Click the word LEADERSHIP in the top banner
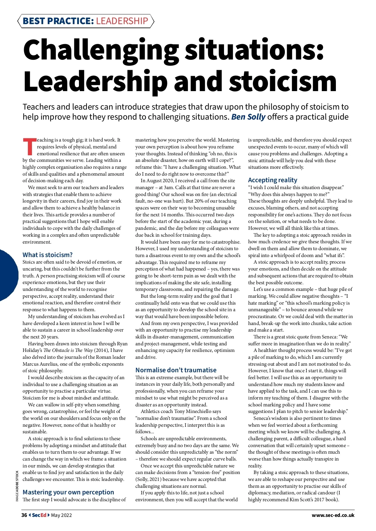click(122, 21)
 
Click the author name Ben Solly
click(248, 117)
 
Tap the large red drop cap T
click(29, 147)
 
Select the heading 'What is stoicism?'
click(48, 255)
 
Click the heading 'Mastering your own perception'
click(68, 492)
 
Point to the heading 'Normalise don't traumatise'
click(176, 370)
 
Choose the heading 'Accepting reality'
click(273, 180)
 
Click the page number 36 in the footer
click(24, 515)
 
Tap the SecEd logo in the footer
click(39, 515)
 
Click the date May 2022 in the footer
click(61, 515)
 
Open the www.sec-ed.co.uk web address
click(333, 515)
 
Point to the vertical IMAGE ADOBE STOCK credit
click(17, 486)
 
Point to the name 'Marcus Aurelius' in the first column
click(39, 364)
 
